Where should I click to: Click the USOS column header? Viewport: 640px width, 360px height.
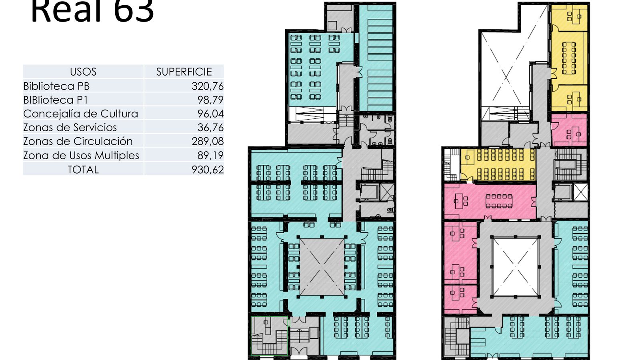click(x=83, y=72)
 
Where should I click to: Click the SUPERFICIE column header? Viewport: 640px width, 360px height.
click(x=184, y=72)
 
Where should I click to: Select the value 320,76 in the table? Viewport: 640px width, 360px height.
click(x=207, y=86)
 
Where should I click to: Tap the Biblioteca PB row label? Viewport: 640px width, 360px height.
click(x=56, y=86)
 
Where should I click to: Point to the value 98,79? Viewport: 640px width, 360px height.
click(x=210, y=100)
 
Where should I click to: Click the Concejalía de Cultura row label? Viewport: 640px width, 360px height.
click(x=80, y=114)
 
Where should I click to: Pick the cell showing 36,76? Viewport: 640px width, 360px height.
click(x=210, y=127)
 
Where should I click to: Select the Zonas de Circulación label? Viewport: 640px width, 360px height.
click(x=78, y=141)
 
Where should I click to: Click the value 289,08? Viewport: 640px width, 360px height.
click(x=207, y=141)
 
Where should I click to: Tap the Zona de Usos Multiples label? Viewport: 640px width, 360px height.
click(x=81, y=155)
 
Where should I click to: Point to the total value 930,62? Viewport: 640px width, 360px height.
click(x=207, y=169)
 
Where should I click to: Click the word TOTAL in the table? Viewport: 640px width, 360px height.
click(x=83, y=169)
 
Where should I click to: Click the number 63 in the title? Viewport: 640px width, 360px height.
click(x=134, y=11)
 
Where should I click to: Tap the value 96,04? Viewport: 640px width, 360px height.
click(x=210, y=114)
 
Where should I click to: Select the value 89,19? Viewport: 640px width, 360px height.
click(x=210, y=155)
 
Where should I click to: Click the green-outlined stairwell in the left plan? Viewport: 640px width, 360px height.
click(x=269, y=336)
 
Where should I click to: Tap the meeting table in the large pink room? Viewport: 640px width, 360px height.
click(x=499, y=201)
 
